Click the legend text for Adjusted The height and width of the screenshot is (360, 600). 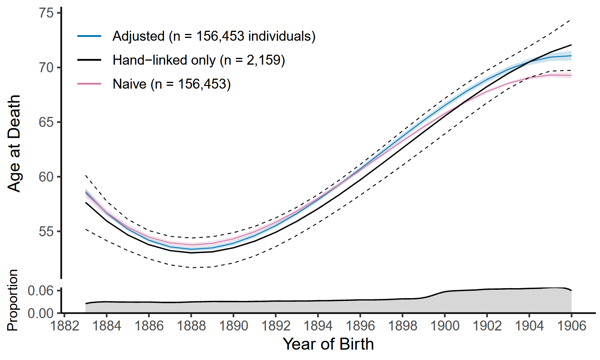point(214,36)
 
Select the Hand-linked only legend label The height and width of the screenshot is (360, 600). point(199,60)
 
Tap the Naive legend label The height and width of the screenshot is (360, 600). point(172,84)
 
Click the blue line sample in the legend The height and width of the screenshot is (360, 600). point(89,36)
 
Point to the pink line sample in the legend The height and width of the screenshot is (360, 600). point(89,84)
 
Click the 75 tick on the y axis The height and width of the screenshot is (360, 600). point(46,13)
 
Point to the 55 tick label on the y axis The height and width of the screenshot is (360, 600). point(46,231)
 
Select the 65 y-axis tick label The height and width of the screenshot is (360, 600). point(46,122)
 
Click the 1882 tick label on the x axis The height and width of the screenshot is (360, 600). point(64,326)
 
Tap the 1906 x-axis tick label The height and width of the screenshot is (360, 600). point(571,326)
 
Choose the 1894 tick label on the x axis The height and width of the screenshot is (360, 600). point(318,326)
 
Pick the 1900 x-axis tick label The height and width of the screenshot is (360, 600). point(445,326)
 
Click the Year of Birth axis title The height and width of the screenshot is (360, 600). point(328,344)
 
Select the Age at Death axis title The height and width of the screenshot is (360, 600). point(14,144)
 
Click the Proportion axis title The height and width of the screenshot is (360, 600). point(13,300)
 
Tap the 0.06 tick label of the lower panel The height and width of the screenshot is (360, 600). point(41,291)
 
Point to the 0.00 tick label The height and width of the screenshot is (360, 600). point(41,313)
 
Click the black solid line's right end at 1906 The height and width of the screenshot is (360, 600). point(571,45)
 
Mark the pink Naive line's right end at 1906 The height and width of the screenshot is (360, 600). point(571,75)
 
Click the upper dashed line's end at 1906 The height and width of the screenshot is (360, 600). point(571,20)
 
